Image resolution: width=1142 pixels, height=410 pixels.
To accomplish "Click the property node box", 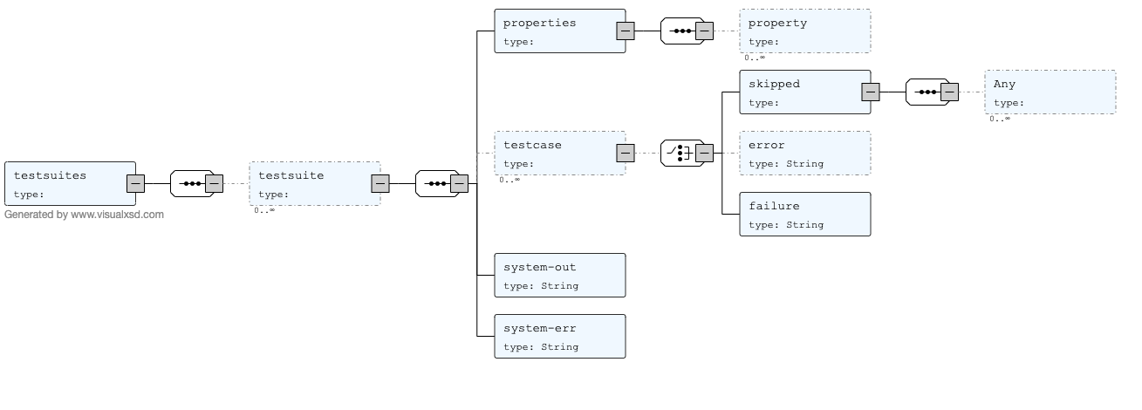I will (804, 31).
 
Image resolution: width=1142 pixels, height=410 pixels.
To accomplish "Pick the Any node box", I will (1050, 92).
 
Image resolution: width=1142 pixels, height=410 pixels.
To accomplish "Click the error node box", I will (804, 153).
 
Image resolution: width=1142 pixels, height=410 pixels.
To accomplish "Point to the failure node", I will (804, 214).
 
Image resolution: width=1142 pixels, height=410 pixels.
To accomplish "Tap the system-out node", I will (559, 275).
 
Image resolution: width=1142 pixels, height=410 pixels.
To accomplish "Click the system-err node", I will (559, 336).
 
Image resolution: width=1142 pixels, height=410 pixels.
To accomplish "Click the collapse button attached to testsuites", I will (135, 183).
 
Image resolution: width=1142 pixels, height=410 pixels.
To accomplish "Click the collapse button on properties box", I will (625, 31).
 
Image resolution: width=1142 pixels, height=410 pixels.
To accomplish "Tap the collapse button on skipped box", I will (870, 92).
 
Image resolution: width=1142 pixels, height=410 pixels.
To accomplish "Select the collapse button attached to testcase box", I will (625, 153).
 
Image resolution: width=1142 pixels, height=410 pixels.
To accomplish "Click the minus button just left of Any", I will (949, 92).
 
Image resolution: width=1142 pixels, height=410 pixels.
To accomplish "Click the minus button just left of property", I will (704, 31).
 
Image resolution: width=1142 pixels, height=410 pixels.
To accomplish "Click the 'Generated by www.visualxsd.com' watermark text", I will (84, 215).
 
